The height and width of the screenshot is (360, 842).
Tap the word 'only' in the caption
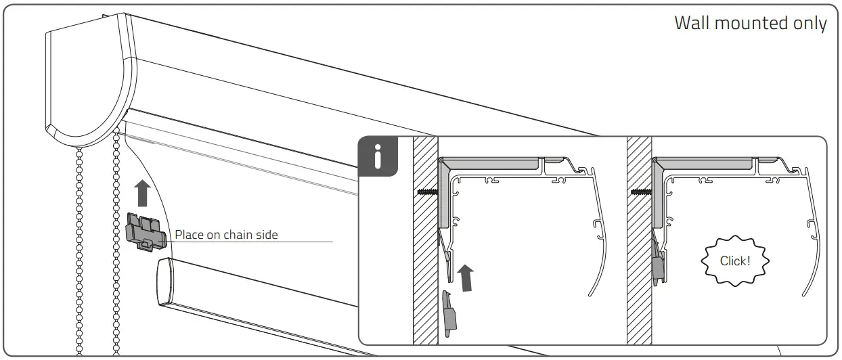pos(810,24)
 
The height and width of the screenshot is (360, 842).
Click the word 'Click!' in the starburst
pos(734,261)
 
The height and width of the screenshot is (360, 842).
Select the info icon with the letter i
pos(377,157)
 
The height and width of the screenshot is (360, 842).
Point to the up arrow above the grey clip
pos(141,193)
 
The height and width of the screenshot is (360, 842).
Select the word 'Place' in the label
pos(190,235)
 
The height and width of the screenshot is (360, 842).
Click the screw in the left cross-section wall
pos(428,192)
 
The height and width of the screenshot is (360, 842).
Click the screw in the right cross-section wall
pos(640,192)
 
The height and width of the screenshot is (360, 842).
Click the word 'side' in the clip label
pos(268,235)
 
